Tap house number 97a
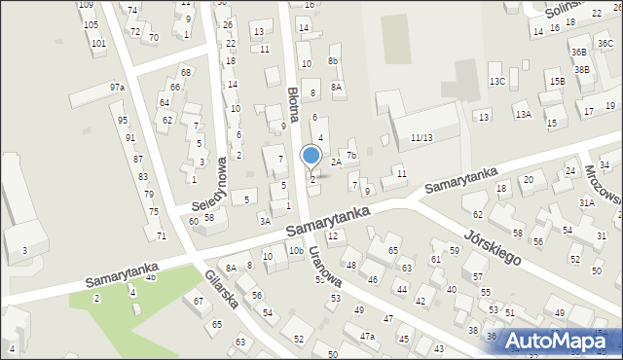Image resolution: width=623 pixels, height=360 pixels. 117,88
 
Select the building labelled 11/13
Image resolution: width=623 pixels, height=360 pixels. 421,137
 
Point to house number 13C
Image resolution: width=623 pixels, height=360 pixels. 497,81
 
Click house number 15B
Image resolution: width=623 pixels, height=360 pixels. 557,82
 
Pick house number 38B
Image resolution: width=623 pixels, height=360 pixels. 582,69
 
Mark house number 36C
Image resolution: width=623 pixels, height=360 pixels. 605,43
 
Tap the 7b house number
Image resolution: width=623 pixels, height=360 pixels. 352,155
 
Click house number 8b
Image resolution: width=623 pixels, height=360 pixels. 333,61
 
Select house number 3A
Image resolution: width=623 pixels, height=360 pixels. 264,221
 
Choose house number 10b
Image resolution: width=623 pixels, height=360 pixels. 295,251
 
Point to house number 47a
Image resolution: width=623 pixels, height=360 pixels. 368,336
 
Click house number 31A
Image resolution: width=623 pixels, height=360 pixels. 586,202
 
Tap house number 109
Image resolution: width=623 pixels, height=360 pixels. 87,5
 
